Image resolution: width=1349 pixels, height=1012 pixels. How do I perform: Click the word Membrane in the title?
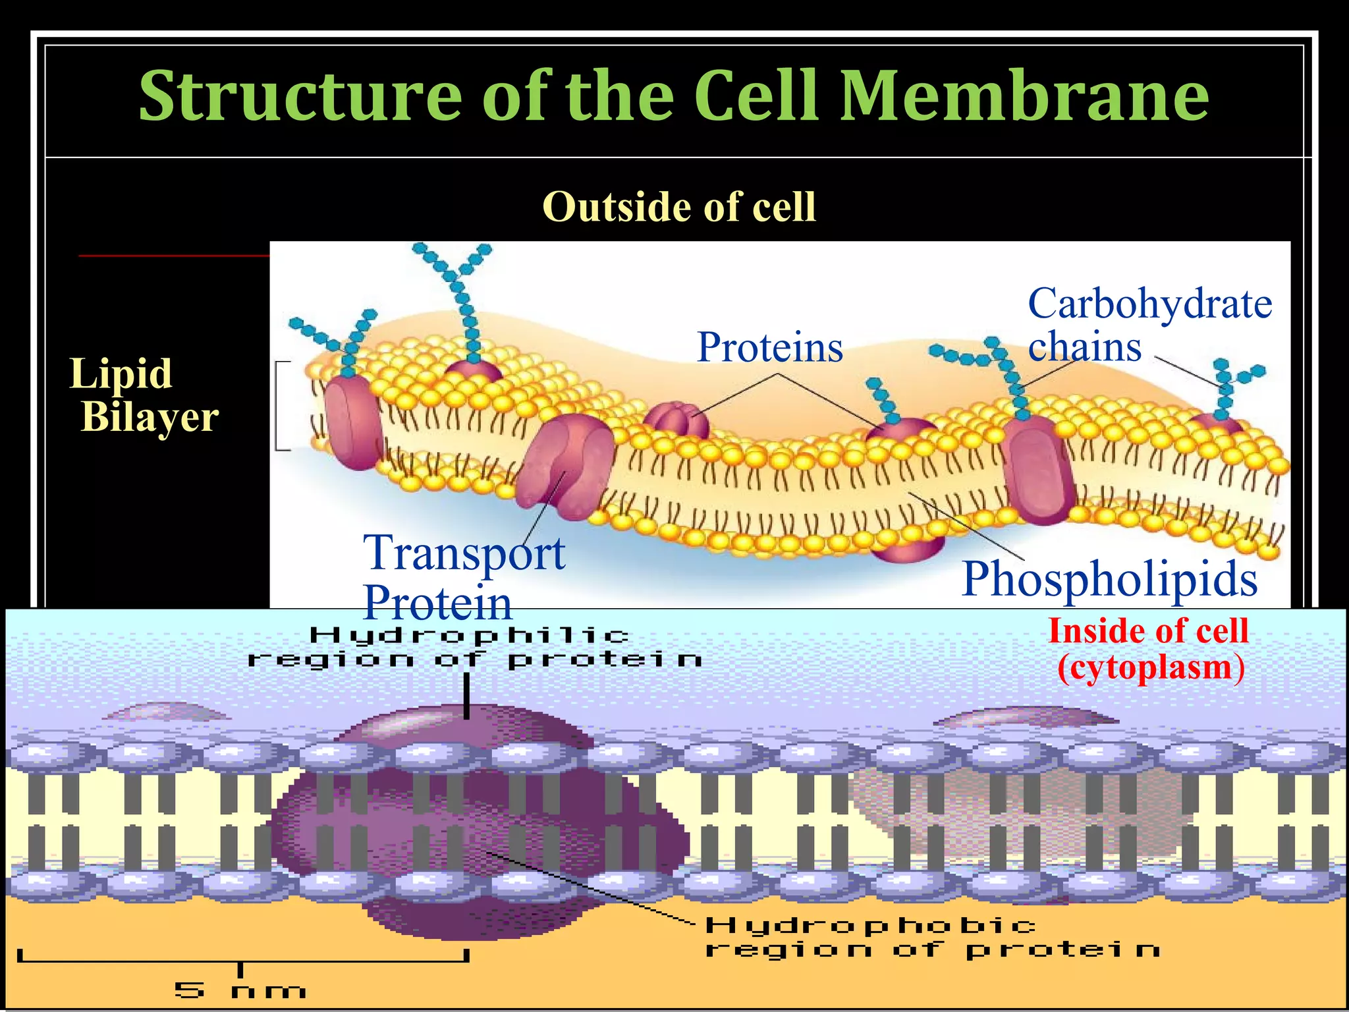pos(1024,97)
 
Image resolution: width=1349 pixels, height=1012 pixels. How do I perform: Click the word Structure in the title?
pos(300,97)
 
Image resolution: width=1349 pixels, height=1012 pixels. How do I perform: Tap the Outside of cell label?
pos(679,207)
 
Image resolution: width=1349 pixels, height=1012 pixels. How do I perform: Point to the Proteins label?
pos(770,347)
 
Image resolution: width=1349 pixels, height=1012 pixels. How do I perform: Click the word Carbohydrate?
pos(1150,304)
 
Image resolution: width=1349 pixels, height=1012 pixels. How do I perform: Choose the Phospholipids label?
pos(1109,578)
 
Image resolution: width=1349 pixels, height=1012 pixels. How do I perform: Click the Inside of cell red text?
pos(1148,631)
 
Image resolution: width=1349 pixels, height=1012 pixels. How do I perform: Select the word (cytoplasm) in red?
pos(1151,667)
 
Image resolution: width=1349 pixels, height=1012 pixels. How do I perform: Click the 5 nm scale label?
pos(240,990)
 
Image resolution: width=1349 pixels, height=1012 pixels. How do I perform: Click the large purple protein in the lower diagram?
pos(474,824)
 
